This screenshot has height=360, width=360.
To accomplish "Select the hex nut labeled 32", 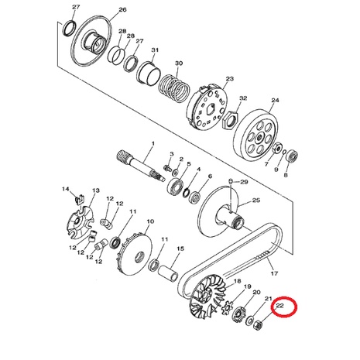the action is click(x=231, y=119).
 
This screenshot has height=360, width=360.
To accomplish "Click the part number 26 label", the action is click(x=122, y=9).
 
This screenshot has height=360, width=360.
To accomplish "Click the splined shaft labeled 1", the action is click(x=141, y=166).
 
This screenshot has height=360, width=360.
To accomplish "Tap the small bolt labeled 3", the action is click(x=168, y=167).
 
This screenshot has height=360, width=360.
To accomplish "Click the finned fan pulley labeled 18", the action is click(x=208, y=297).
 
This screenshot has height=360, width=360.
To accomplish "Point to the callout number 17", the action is click(x=274, y=273).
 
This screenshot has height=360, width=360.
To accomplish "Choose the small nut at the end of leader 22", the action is click(x=259, y=324).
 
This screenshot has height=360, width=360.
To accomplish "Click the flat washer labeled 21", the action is click(x=250, y=320).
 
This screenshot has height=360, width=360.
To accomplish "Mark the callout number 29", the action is click(x=244, y=182).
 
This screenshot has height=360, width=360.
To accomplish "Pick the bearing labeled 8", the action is click(x=293, y=156).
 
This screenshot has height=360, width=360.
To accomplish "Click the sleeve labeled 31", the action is click(x=149, y=73).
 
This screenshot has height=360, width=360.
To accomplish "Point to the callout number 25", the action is click(x=256, y=201).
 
